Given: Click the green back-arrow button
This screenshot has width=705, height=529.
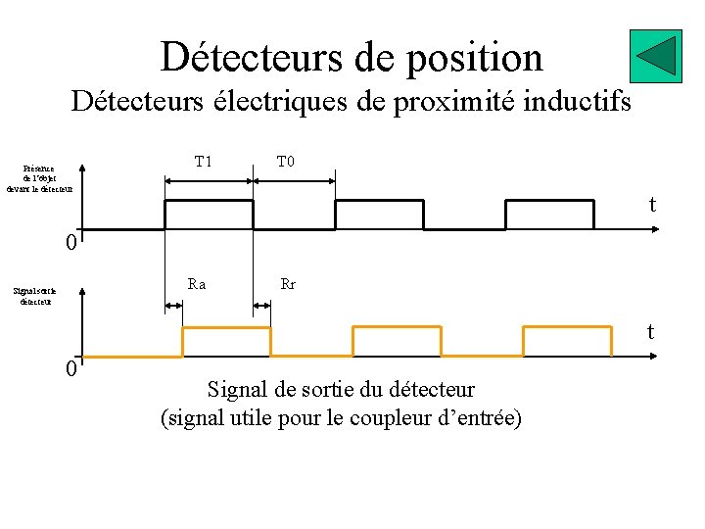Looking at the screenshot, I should point(655,57).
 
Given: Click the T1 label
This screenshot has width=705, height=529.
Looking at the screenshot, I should point(203,162).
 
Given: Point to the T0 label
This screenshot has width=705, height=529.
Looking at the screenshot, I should point(285,162).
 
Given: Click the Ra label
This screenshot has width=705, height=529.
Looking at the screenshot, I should point(197,285).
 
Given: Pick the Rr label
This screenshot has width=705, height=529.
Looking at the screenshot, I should point(288,285).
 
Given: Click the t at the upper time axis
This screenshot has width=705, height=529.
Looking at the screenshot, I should point(651,205).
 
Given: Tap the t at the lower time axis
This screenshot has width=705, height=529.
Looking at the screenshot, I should point(649,332).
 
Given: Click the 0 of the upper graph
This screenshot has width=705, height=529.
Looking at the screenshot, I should point(70,242).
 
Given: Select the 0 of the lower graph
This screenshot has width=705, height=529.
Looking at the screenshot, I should point(70,369).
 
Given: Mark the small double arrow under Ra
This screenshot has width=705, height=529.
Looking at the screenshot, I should point(173,306).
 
